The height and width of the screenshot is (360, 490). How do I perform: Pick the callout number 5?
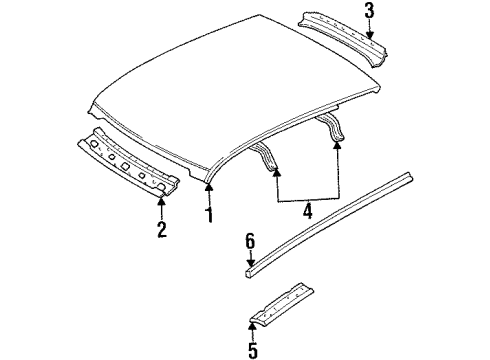pyautogui.click(x=252, y=350)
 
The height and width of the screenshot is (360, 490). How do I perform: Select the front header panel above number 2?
pyautogui.click(x=130, y=158)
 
